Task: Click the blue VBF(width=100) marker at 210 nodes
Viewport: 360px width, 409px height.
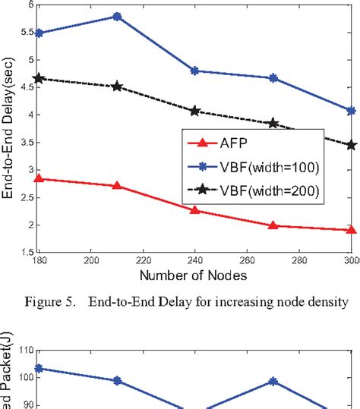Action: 116,16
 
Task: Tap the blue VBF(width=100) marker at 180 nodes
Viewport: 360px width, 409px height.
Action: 39,33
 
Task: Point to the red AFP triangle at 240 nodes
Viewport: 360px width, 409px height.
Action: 194,210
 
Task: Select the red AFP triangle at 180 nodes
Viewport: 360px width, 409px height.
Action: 39,179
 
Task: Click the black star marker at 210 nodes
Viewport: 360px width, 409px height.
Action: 116,87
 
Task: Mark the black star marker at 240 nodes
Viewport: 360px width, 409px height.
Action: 194,111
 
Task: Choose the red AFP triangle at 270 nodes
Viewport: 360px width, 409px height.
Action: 273,225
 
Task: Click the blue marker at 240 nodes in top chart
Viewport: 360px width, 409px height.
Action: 194,71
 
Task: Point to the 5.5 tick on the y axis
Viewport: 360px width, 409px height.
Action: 24,32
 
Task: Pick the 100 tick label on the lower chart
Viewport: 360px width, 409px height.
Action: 23,376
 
